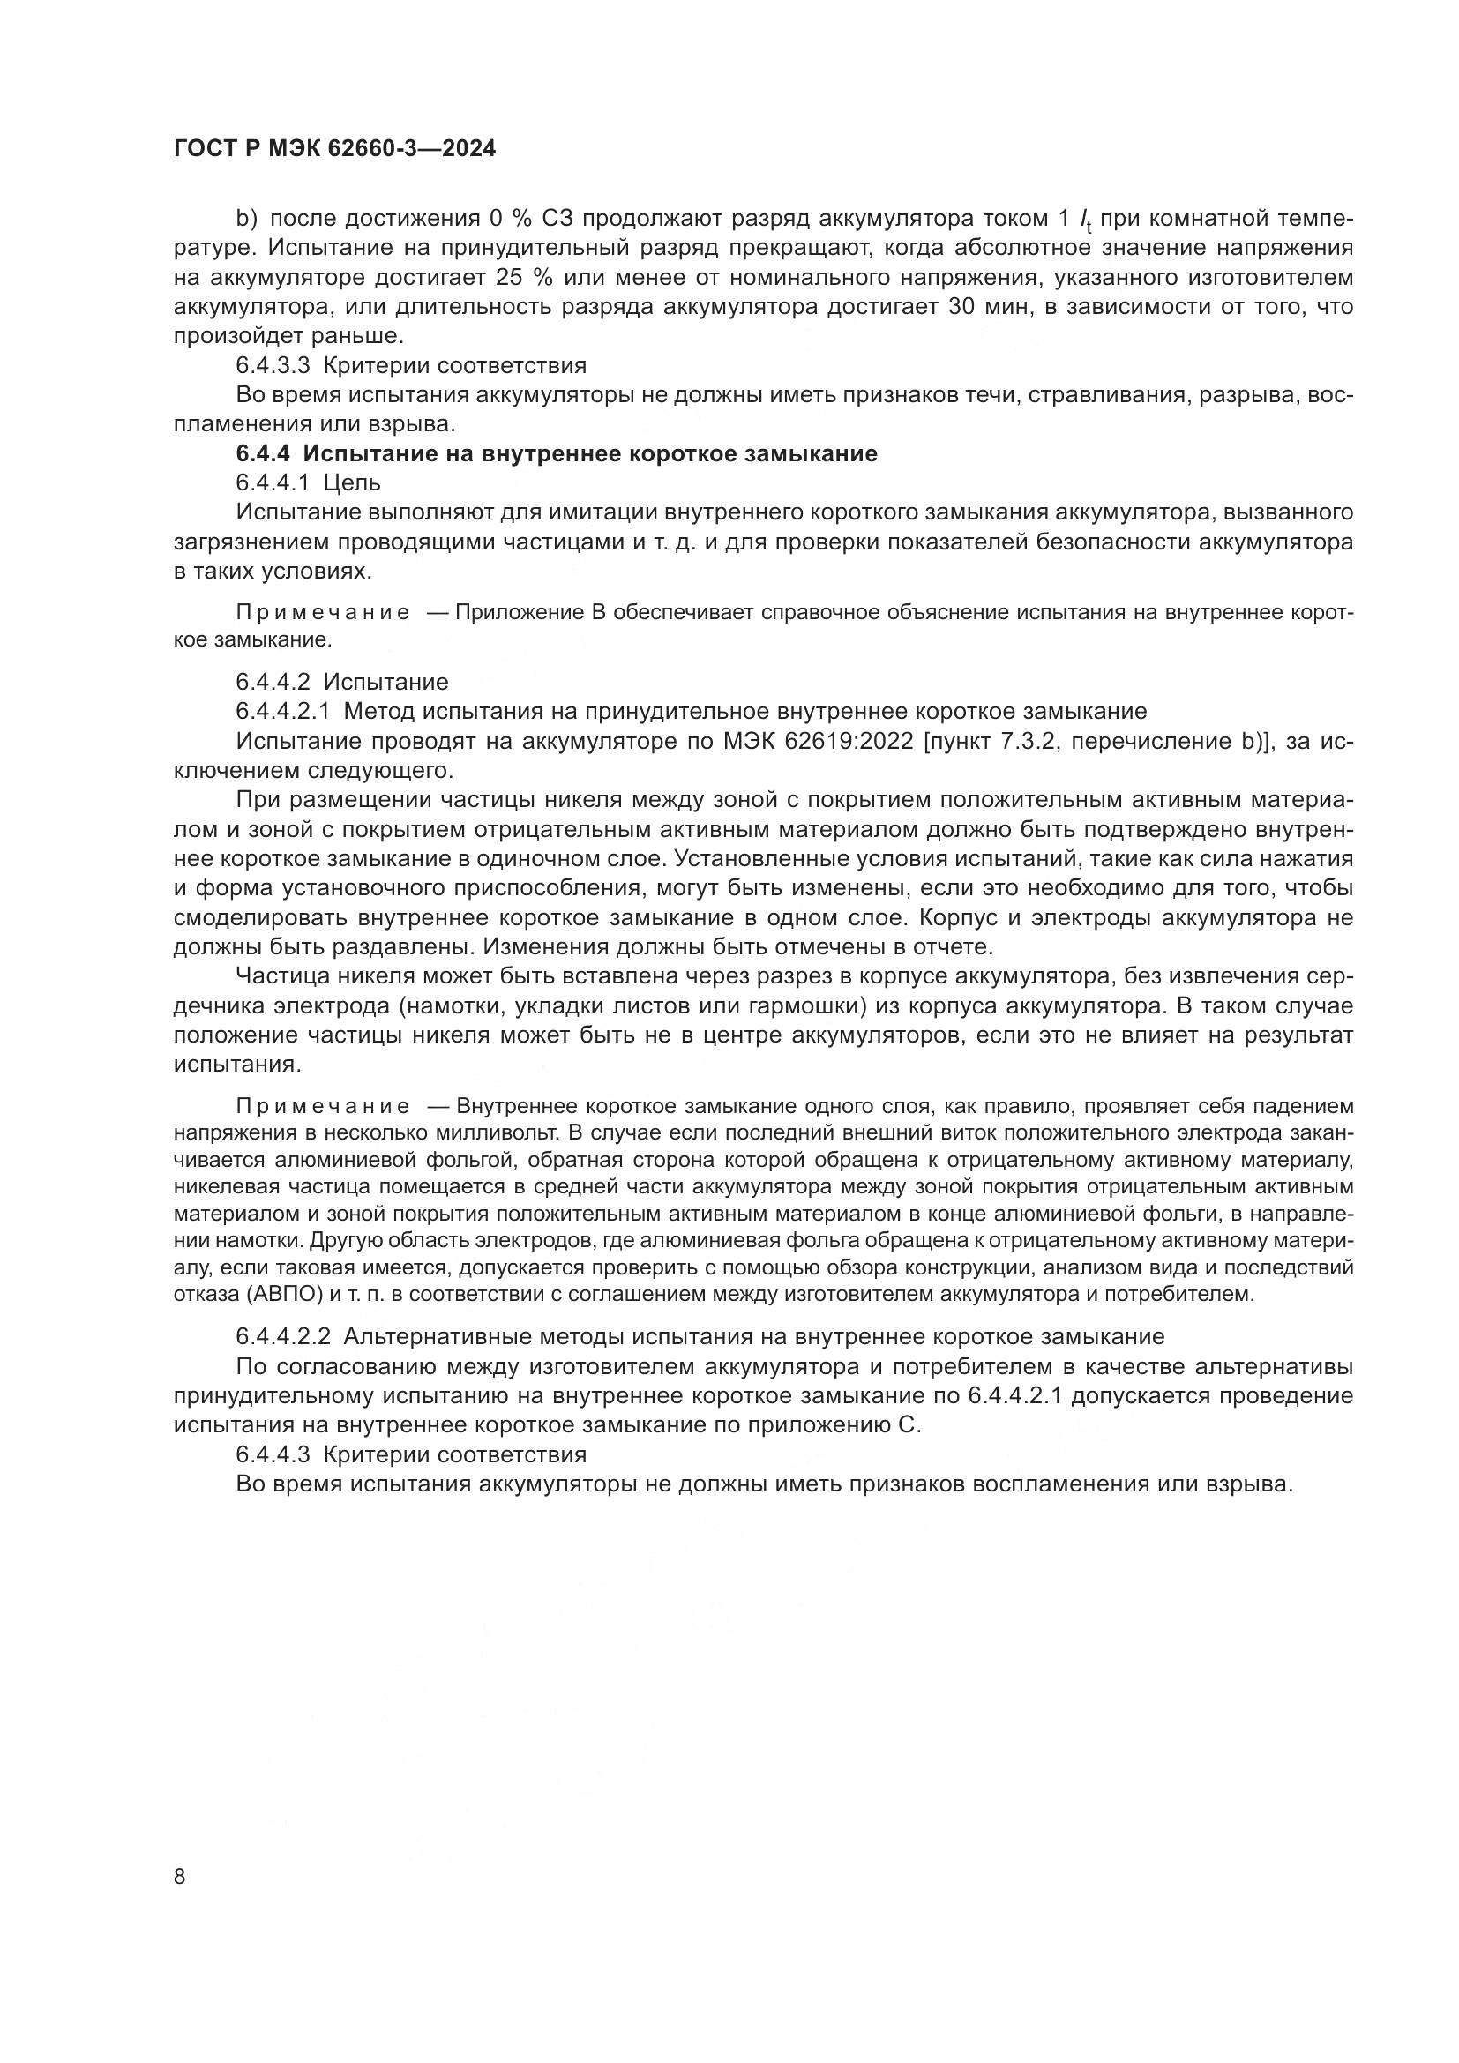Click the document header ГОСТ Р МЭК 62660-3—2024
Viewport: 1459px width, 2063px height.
[x=334, y=149]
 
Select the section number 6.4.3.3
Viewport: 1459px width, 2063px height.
[x=273, y=366]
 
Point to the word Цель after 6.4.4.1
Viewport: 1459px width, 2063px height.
[x=352, y=483]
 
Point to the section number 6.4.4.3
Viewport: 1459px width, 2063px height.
[x=273, y=1454]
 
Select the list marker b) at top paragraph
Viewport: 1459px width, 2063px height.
[x=246, y=219]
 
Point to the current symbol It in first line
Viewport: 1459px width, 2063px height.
[x=1085, y=221]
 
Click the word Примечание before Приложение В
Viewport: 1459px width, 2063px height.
[x=323, y=613]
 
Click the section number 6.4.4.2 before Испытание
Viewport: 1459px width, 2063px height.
[x=273, y=682]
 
